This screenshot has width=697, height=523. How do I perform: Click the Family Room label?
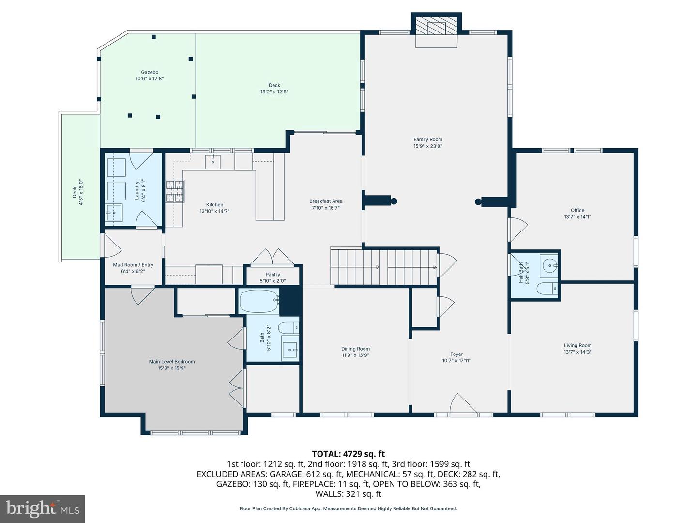(428, 139)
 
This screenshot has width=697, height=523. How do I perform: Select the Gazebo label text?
(150, 72)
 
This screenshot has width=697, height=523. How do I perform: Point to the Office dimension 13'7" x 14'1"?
(577, 217)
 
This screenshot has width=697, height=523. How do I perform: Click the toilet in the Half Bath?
(547, 289)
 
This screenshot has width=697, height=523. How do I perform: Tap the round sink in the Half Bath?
(549, 265)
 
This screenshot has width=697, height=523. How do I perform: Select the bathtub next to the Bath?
(259, 301)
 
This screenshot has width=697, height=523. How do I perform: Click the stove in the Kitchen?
(175, 191)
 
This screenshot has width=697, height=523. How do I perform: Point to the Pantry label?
(273, 275)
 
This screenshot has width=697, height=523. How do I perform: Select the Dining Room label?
(355, 349)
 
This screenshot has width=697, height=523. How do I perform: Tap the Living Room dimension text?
(577, 352)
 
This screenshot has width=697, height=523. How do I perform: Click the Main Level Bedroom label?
(172, 362)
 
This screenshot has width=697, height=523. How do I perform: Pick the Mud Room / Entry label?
(133, 265)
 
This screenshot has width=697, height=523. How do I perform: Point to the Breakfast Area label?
(326, 201)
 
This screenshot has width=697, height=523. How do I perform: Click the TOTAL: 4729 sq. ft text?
(348, 454)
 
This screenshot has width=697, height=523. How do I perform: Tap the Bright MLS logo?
(42, 508)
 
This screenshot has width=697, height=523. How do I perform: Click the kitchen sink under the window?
(213, 162)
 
